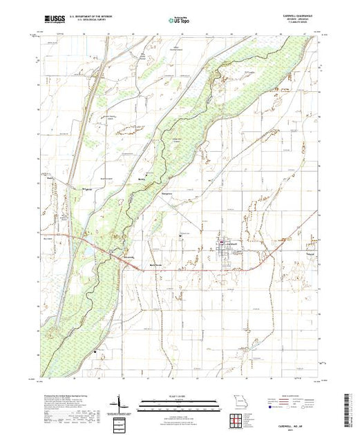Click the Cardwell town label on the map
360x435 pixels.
(x=233, y=243)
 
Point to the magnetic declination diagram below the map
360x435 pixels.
(x=122, y=403)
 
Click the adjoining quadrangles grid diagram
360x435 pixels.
(x=239, y=420)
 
